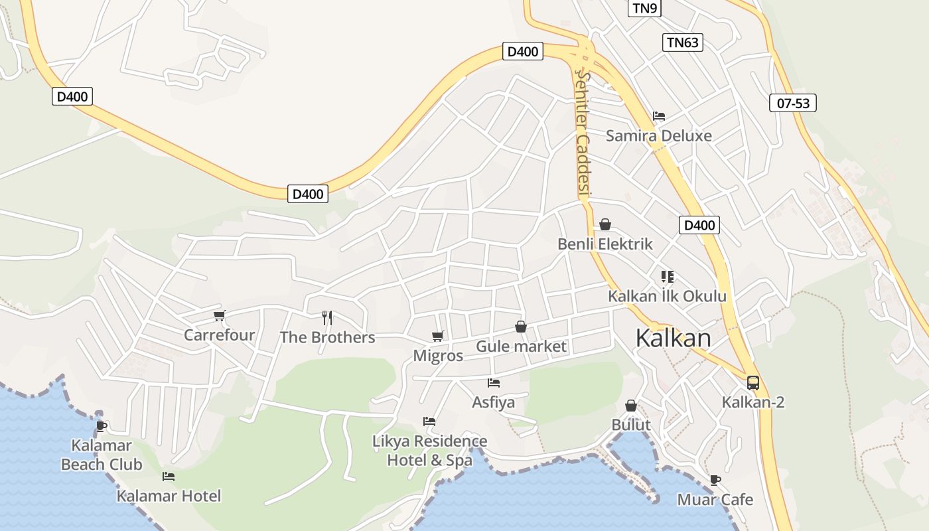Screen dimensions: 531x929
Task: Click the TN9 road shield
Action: point(644,8)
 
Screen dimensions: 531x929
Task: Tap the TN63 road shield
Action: point(682,42)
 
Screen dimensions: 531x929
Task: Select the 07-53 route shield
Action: point(793,103)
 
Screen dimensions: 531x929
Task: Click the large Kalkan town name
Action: point(673,338)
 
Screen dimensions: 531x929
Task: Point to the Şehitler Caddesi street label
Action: point(583,133)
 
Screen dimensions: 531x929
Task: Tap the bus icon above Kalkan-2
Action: point(752,383)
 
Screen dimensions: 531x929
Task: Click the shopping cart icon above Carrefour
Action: point(219,316)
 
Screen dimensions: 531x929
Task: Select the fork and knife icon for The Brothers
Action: point(326,318)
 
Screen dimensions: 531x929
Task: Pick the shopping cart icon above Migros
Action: point(437,337)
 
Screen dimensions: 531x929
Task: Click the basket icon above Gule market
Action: point(521,327)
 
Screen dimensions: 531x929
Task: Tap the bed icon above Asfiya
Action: point(493,383)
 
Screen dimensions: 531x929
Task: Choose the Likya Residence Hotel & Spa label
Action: point(430,451)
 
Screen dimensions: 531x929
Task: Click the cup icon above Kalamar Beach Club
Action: point(101,425)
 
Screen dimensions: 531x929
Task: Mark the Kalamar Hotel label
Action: point(169,496)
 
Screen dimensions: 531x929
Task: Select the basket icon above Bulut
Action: point(631,406)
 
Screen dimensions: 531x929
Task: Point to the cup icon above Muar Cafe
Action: point(715,480)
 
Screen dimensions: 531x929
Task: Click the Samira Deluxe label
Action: point(659,136)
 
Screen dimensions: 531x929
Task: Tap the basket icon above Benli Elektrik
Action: point(605,225)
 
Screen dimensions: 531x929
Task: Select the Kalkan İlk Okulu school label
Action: point(668,297)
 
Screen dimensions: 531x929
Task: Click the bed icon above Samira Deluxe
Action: point(658,116)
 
